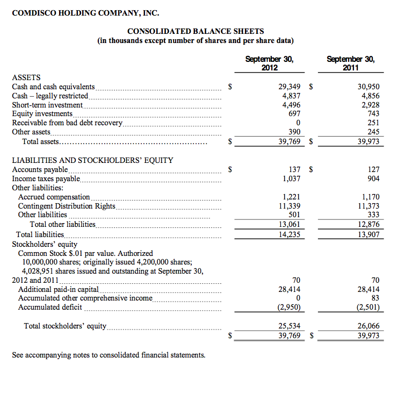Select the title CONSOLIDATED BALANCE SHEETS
pyautogui.click(x=196, y=32)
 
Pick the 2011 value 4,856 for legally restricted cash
pyautogui.click(x=368, y=95)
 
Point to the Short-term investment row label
pyautogui.click(x=47, y=105)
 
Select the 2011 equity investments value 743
pyautogui.click(x=373, y=113)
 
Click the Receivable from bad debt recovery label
pyautogui.click(x=67, y=123)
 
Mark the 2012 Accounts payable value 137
pyautogui.click(x=294, y=169)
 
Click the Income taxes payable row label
pyautogui.click(x=46, y=178)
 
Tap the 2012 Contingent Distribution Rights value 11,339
pyautogui.click(x=290, y=206)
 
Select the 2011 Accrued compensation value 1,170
pyautogui.click(x=370, y=197)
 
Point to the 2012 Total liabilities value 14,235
pyautogui.click(x=290, y=234)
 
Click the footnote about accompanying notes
pyautogui.click(x=108, y=355)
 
